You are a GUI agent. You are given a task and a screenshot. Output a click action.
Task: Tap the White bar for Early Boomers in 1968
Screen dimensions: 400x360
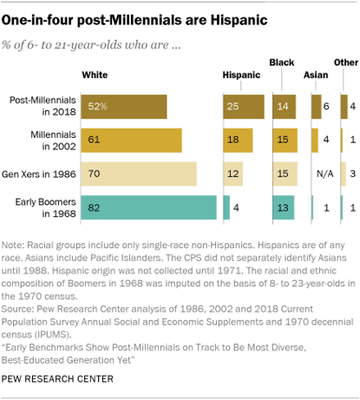click(x=148, y=207)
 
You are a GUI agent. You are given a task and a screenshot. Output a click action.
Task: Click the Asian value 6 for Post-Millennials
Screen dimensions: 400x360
click(x=326, y=106)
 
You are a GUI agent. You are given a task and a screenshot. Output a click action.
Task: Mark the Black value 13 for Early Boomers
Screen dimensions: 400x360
click(x=279, y=207)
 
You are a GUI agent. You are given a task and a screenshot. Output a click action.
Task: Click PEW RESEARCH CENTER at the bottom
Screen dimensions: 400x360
click(x=57, y=379)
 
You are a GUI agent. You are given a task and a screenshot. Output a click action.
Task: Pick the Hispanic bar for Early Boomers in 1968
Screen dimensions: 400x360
click(x=226, y=207)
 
